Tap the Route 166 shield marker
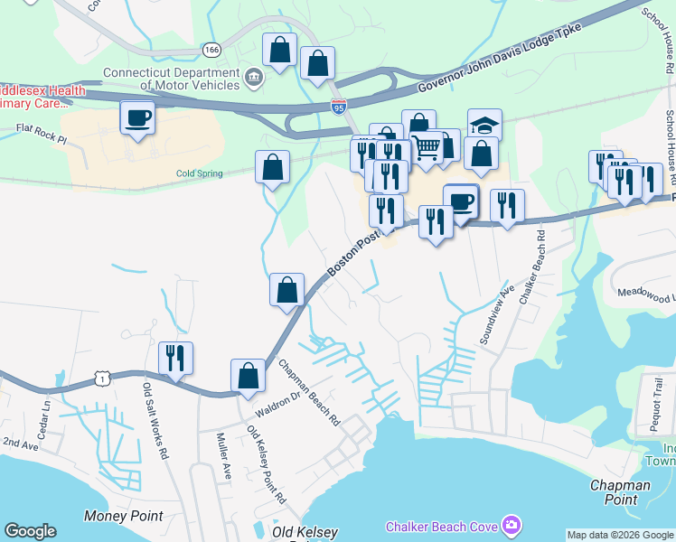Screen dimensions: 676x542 [x=211, y=50]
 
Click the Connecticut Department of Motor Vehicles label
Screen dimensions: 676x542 [x=172, y=79]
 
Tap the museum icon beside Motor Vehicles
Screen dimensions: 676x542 [x=254, y=79]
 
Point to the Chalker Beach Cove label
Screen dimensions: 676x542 [x=444, y=526]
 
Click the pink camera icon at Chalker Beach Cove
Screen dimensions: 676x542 [x=512, y=525]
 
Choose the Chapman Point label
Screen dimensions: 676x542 [x=620, y=492]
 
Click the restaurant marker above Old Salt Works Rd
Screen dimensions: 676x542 [x=175, y=358]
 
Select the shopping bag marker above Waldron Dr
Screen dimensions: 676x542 [x=248, y=376]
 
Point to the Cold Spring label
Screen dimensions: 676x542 [x=198, y=173]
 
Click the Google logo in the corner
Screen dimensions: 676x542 [x=30, y=531]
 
